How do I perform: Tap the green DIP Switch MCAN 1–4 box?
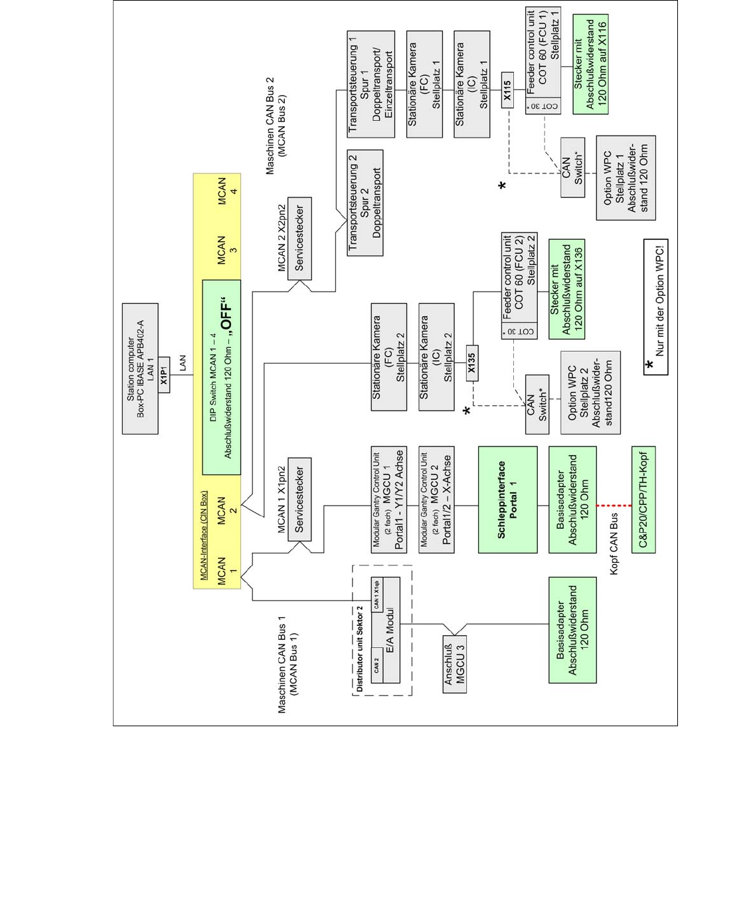click(x=221, y=377)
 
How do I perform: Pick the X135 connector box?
click(x=471, y=363)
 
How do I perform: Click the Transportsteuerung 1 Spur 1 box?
click(x=371, y=83)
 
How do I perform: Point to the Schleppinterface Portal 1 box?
click(x=507, y=500)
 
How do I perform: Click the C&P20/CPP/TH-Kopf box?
click(x=643, y=500)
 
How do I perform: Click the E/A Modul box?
click(x=386, y=630)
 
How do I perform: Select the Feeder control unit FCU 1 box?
click(x=543, y=61)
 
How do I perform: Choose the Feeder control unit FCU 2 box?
click(x=519, y=286)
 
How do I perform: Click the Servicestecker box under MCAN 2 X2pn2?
click(x=299, y=239)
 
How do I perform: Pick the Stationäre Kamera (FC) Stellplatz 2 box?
click(x=388, y=357)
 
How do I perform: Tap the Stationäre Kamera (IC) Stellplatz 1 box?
click(x=471, y=84)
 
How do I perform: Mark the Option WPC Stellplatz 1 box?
click(x=626, y=178)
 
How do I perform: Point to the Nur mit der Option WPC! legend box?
click(x=655, y=307)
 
